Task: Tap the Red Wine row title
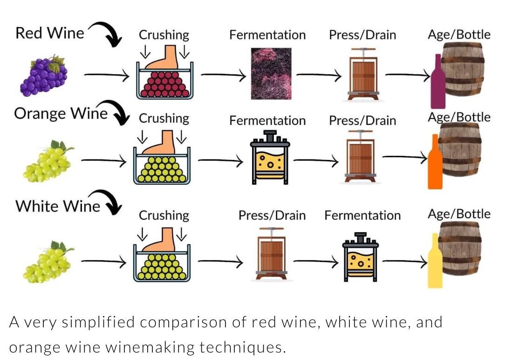(50, 33)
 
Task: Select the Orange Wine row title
(61, 113)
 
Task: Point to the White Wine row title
(58, 206)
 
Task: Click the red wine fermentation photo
(271, 73)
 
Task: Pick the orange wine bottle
(435, 163)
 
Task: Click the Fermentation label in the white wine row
(362, 215)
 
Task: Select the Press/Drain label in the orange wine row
(362, 120)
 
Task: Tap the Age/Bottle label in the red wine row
(459, 35)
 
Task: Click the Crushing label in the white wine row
(164, 215)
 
